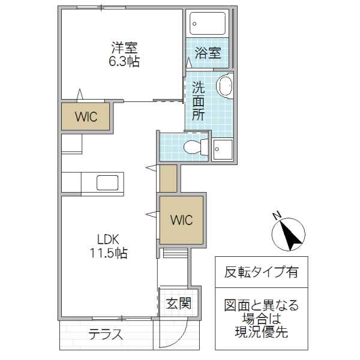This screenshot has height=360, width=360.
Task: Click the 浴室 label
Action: [208, 53]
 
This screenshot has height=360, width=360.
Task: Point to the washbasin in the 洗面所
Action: [225, 86]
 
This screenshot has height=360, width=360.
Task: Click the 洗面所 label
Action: [198, 101]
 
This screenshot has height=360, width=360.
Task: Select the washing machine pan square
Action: [221, 149]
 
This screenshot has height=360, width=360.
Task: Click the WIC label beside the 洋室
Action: [85, 116]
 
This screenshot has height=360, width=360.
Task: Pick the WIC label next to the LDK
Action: [181, 220]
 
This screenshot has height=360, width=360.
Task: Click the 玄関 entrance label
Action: [178, 304]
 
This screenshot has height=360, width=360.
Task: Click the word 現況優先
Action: [262, 332]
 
